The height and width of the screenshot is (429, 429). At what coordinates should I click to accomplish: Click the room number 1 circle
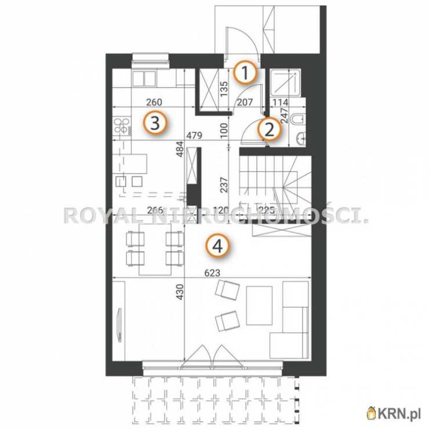tap(245, 72)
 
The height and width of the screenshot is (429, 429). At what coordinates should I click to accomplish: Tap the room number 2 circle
tap(269, 129)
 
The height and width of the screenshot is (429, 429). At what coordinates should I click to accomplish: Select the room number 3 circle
tap(155, 122)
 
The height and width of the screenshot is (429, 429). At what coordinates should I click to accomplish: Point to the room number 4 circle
tap(218, 246)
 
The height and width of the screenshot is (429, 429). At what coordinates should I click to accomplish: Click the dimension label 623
tap(212, 273)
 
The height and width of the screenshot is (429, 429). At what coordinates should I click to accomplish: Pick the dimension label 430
tap(180, 292)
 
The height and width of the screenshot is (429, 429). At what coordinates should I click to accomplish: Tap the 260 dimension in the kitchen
tap(154, 102)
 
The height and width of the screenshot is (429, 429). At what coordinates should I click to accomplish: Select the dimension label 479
tap(194, 135)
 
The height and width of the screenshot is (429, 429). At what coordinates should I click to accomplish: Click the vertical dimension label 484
tap(180, 149)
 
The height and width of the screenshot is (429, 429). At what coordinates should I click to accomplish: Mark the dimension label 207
tap(245, 102)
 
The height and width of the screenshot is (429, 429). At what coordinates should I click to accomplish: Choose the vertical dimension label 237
tap(224, 185)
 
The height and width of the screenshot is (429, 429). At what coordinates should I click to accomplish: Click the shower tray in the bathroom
tap(285, 83)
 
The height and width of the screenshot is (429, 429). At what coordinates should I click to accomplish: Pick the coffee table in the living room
tap(259, 306)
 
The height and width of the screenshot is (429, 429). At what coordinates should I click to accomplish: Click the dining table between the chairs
tap(155, 249)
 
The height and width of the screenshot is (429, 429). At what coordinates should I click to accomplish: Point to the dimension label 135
tap(224, 89)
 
